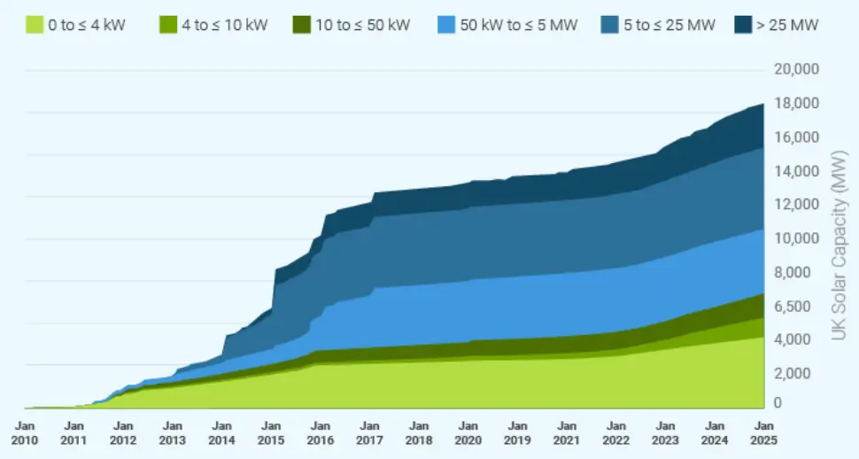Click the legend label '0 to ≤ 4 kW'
pyautogui.click(x=87, y=26)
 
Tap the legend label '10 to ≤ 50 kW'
pyautogui.click(x=361, y=26)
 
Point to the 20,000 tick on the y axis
pyautogui.click(x=797, y=70)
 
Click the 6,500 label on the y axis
pyautogui.click(x=793, y=307)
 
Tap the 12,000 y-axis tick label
pyautogui.click(x=797, y=205)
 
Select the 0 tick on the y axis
pyautogui.click(x=778, y=403)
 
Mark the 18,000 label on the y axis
pyautogui.click(x=797, y=104)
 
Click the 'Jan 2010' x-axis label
pyautogui.click(x=25, y=432)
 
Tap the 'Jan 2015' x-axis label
pyautogui.click(x=271, y=432)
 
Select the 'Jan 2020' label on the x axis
pyautogui.click(x=468, y=432)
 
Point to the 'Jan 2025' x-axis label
pyautogui.click(x=762, y=432)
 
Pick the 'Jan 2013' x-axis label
pyautogui.click(x=173, y=432)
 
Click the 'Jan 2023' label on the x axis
pyautogui.click(x=664, y=432)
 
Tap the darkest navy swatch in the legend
pyautogui.click(x=742, y=26)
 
